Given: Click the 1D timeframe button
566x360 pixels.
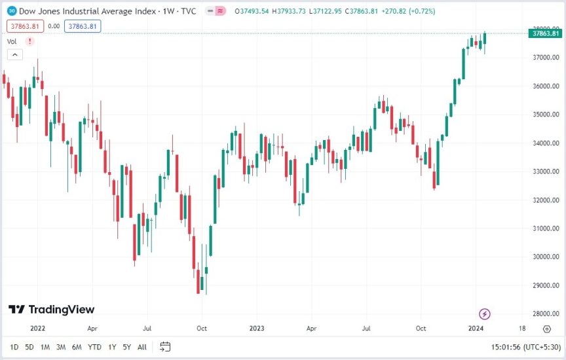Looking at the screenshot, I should click(14, 347).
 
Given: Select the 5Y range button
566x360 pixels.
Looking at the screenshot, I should click(126, 347).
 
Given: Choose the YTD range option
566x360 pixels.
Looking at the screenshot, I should click(94, 347).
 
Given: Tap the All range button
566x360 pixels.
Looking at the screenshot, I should click(142, 347).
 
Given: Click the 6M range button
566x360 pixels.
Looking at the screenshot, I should click(77, 347).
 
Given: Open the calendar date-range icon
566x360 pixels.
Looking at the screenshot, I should click(165, 347).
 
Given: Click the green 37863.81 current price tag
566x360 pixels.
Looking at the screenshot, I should click(546, 33).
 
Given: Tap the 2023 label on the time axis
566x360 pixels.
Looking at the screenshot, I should click(255, 329).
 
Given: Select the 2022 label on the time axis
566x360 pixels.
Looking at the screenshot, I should click(37, 329).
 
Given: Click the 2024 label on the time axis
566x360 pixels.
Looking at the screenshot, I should click(476, 329).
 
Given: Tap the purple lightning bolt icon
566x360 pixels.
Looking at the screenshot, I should click(485, 314).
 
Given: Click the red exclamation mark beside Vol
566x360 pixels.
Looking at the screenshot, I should click(28, 41).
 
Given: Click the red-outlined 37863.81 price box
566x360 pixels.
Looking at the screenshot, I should click(24, 26).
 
